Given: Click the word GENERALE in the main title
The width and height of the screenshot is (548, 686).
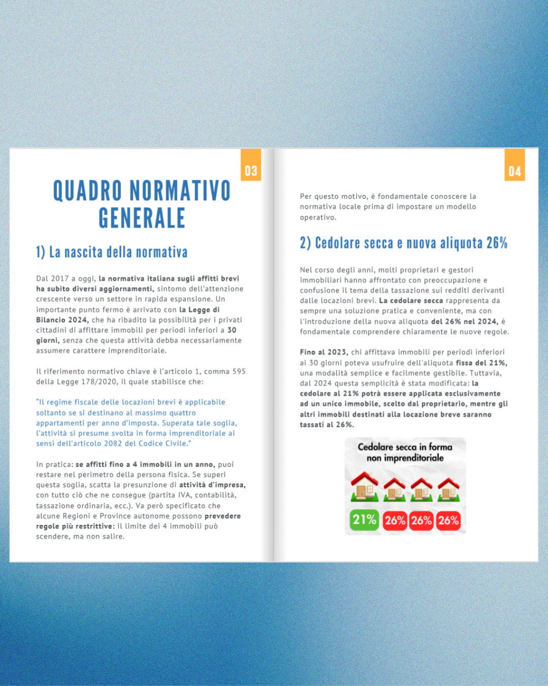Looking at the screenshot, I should [x=142, y=218].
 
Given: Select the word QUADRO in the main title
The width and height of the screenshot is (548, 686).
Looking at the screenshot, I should [x=88, y=191].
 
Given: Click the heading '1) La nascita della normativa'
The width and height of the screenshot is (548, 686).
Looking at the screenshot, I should [x=112, y=252].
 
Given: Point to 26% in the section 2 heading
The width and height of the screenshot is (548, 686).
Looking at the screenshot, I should [x=497, y=243].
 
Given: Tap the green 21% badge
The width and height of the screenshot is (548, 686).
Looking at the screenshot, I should [x=364, y=520].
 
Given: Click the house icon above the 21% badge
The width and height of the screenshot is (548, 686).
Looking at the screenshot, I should [x=364, y=486].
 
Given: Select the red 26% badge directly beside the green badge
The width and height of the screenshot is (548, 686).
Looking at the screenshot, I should [x=395, y=520].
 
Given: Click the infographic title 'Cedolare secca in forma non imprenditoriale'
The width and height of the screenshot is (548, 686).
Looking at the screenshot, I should [x=405, y=452].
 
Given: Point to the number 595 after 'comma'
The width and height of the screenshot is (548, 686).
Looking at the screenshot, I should [x=239, y=371].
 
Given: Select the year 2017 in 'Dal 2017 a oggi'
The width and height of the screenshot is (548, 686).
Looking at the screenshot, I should [x=60, y=278].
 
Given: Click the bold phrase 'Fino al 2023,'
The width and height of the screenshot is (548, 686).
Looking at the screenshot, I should [x=324, y=352].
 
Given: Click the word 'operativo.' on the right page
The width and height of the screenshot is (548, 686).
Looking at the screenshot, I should [x=318, y=217].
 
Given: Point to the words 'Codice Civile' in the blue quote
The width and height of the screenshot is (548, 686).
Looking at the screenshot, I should [x=165, y=444].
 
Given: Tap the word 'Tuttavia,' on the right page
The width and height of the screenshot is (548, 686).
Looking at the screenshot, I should [x=485, y=373].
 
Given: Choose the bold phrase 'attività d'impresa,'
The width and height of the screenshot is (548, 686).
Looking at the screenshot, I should [x=212, y=485].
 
